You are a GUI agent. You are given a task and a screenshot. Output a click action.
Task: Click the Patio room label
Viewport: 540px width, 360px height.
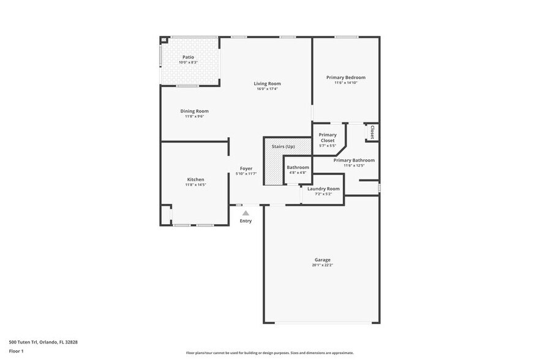click(x=188, y=57)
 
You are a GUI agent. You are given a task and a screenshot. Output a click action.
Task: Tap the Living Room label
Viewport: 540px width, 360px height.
click(x=268, y=83)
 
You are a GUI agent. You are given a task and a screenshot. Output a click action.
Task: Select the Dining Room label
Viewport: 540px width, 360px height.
click(x=194, y=111)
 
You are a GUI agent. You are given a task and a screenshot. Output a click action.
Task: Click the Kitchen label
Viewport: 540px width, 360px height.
click(x=195, y=179)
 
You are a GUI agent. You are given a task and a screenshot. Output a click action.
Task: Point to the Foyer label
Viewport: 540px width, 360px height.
click(x=246, y=168)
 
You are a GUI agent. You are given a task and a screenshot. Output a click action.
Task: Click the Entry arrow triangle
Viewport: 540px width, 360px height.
click(x=246, y=213)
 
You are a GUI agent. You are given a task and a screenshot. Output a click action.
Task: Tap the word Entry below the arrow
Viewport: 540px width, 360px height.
click(x=246, y=221)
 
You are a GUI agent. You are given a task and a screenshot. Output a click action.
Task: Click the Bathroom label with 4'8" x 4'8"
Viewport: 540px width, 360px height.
click(x=298, y=167)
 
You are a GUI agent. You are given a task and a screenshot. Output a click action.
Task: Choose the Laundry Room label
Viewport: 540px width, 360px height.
click(x=323, y=189)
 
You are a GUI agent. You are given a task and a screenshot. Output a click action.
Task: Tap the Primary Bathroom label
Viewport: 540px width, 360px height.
click(x=354, y=160)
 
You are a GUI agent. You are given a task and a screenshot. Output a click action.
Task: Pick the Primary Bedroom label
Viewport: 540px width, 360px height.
click(x=345, y=77)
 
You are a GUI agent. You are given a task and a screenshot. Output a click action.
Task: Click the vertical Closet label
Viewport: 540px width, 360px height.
click(x=372, y=132)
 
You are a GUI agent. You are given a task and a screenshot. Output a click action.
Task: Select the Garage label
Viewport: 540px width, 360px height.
click(x=322, y=260)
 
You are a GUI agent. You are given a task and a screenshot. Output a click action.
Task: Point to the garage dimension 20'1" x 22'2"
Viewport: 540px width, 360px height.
click(x=322, y=265)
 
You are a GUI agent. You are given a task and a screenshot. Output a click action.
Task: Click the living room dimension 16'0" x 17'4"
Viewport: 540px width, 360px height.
click(x=268, y=89)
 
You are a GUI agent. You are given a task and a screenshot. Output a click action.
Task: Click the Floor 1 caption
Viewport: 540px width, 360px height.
click(x=16, y=351)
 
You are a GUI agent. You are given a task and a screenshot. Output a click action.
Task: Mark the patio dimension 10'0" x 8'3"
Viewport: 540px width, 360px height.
click(x=188, y=62)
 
